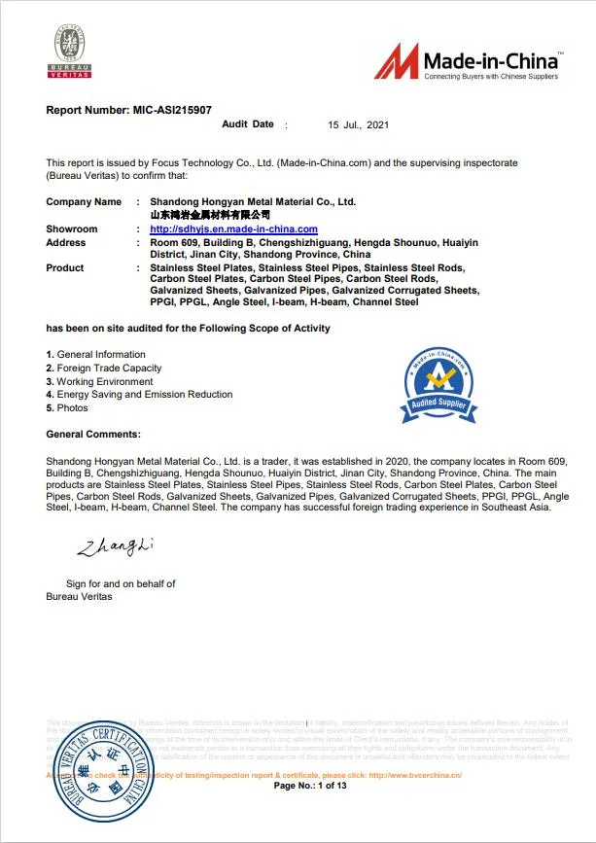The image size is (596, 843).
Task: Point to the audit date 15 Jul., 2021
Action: point(359,125)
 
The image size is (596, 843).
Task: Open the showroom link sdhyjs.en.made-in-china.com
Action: point(234,229)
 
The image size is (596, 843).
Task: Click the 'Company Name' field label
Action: point(84,202)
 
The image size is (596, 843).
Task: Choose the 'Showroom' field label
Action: point(72,229)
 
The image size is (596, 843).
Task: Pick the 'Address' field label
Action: point(66,243)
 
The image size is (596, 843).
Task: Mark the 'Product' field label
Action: point(65,267)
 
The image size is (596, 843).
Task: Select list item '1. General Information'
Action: point(96,355)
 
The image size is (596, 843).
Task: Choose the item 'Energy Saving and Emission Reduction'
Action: point(144,395)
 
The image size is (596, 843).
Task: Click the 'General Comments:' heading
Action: point(93,434)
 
